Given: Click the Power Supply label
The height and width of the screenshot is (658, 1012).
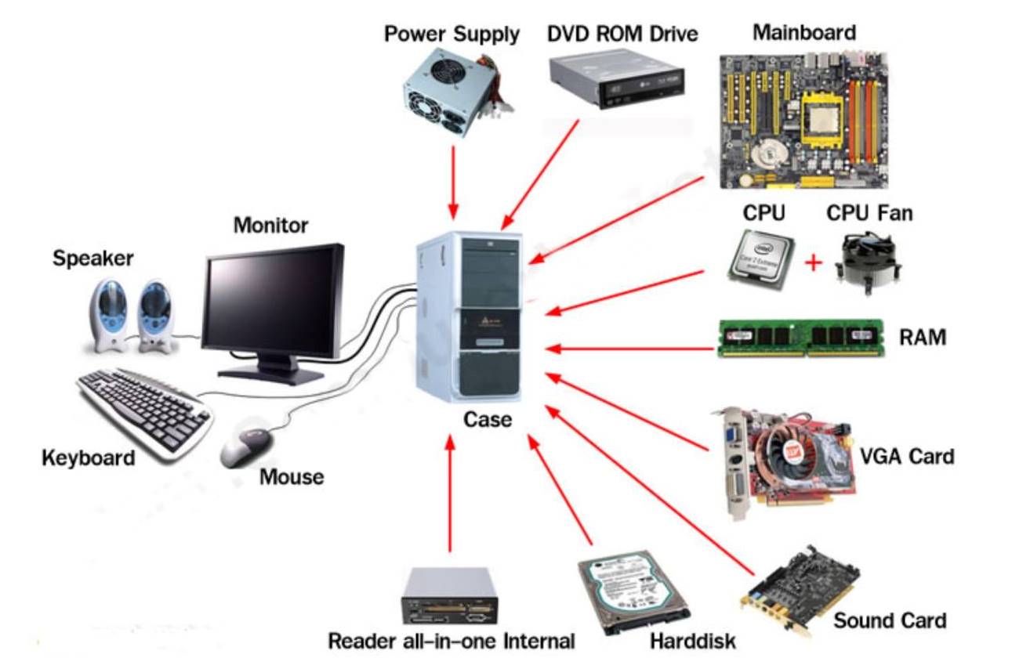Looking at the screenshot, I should click(451, 34).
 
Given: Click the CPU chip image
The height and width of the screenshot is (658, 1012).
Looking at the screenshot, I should click(760, 259).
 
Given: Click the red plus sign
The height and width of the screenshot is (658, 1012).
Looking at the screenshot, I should click(814, 262).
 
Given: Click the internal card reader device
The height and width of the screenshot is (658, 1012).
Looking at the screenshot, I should click(449, 599).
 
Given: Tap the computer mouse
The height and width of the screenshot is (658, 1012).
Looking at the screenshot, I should click(245, 447).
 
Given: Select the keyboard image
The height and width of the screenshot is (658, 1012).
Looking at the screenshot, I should click(146, 410).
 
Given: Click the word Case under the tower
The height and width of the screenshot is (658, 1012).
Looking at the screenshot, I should click(488, 419).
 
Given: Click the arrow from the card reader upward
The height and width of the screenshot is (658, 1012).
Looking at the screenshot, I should click(450, 493).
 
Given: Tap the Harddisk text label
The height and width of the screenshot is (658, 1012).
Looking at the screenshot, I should click(693, 641).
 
